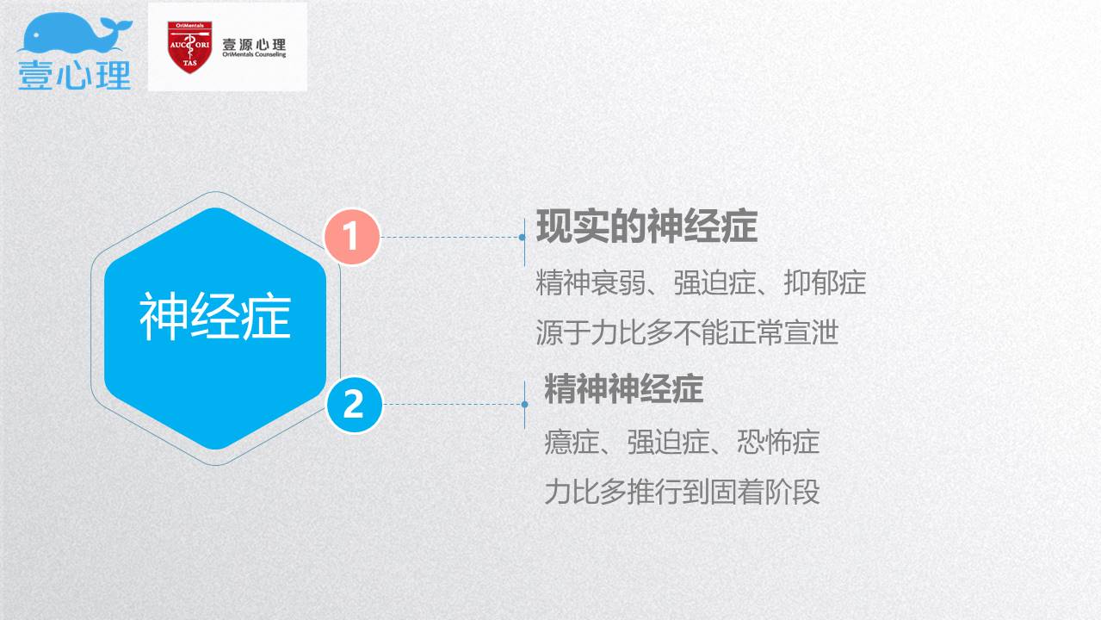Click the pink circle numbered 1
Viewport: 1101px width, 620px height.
point(352,237)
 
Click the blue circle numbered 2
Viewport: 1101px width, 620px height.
point(354,405)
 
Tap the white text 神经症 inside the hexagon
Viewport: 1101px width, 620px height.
point(215,316)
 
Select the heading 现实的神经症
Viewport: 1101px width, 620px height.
point(646,226)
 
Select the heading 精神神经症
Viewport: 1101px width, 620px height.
point(624,389)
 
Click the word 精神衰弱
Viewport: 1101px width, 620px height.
point(591,282)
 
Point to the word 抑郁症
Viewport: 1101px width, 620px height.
point(825,282)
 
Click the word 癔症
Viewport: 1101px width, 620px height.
point(572,442)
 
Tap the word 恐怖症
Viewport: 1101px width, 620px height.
point(778,442)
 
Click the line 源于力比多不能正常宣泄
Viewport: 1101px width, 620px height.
point(687,332)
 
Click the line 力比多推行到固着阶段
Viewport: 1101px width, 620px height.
point(682,491)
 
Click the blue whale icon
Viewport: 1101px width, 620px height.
point(75,33)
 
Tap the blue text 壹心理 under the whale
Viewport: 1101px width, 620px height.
point(75,75)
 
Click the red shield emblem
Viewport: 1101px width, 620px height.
point(189,46)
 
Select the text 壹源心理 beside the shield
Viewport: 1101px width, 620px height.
point(254,44)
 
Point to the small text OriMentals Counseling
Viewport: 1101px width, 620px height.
point(254,54)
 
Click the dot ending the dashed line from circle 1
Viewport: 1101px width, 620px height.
point(522,238)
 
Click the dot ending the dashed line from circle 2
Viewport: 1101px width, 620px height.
point(524,405)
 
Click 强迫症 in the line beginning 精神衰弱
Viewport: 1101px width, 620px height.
point(714,282)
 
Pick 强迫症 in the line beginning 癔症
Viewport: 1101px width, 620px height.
point(669,442)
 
